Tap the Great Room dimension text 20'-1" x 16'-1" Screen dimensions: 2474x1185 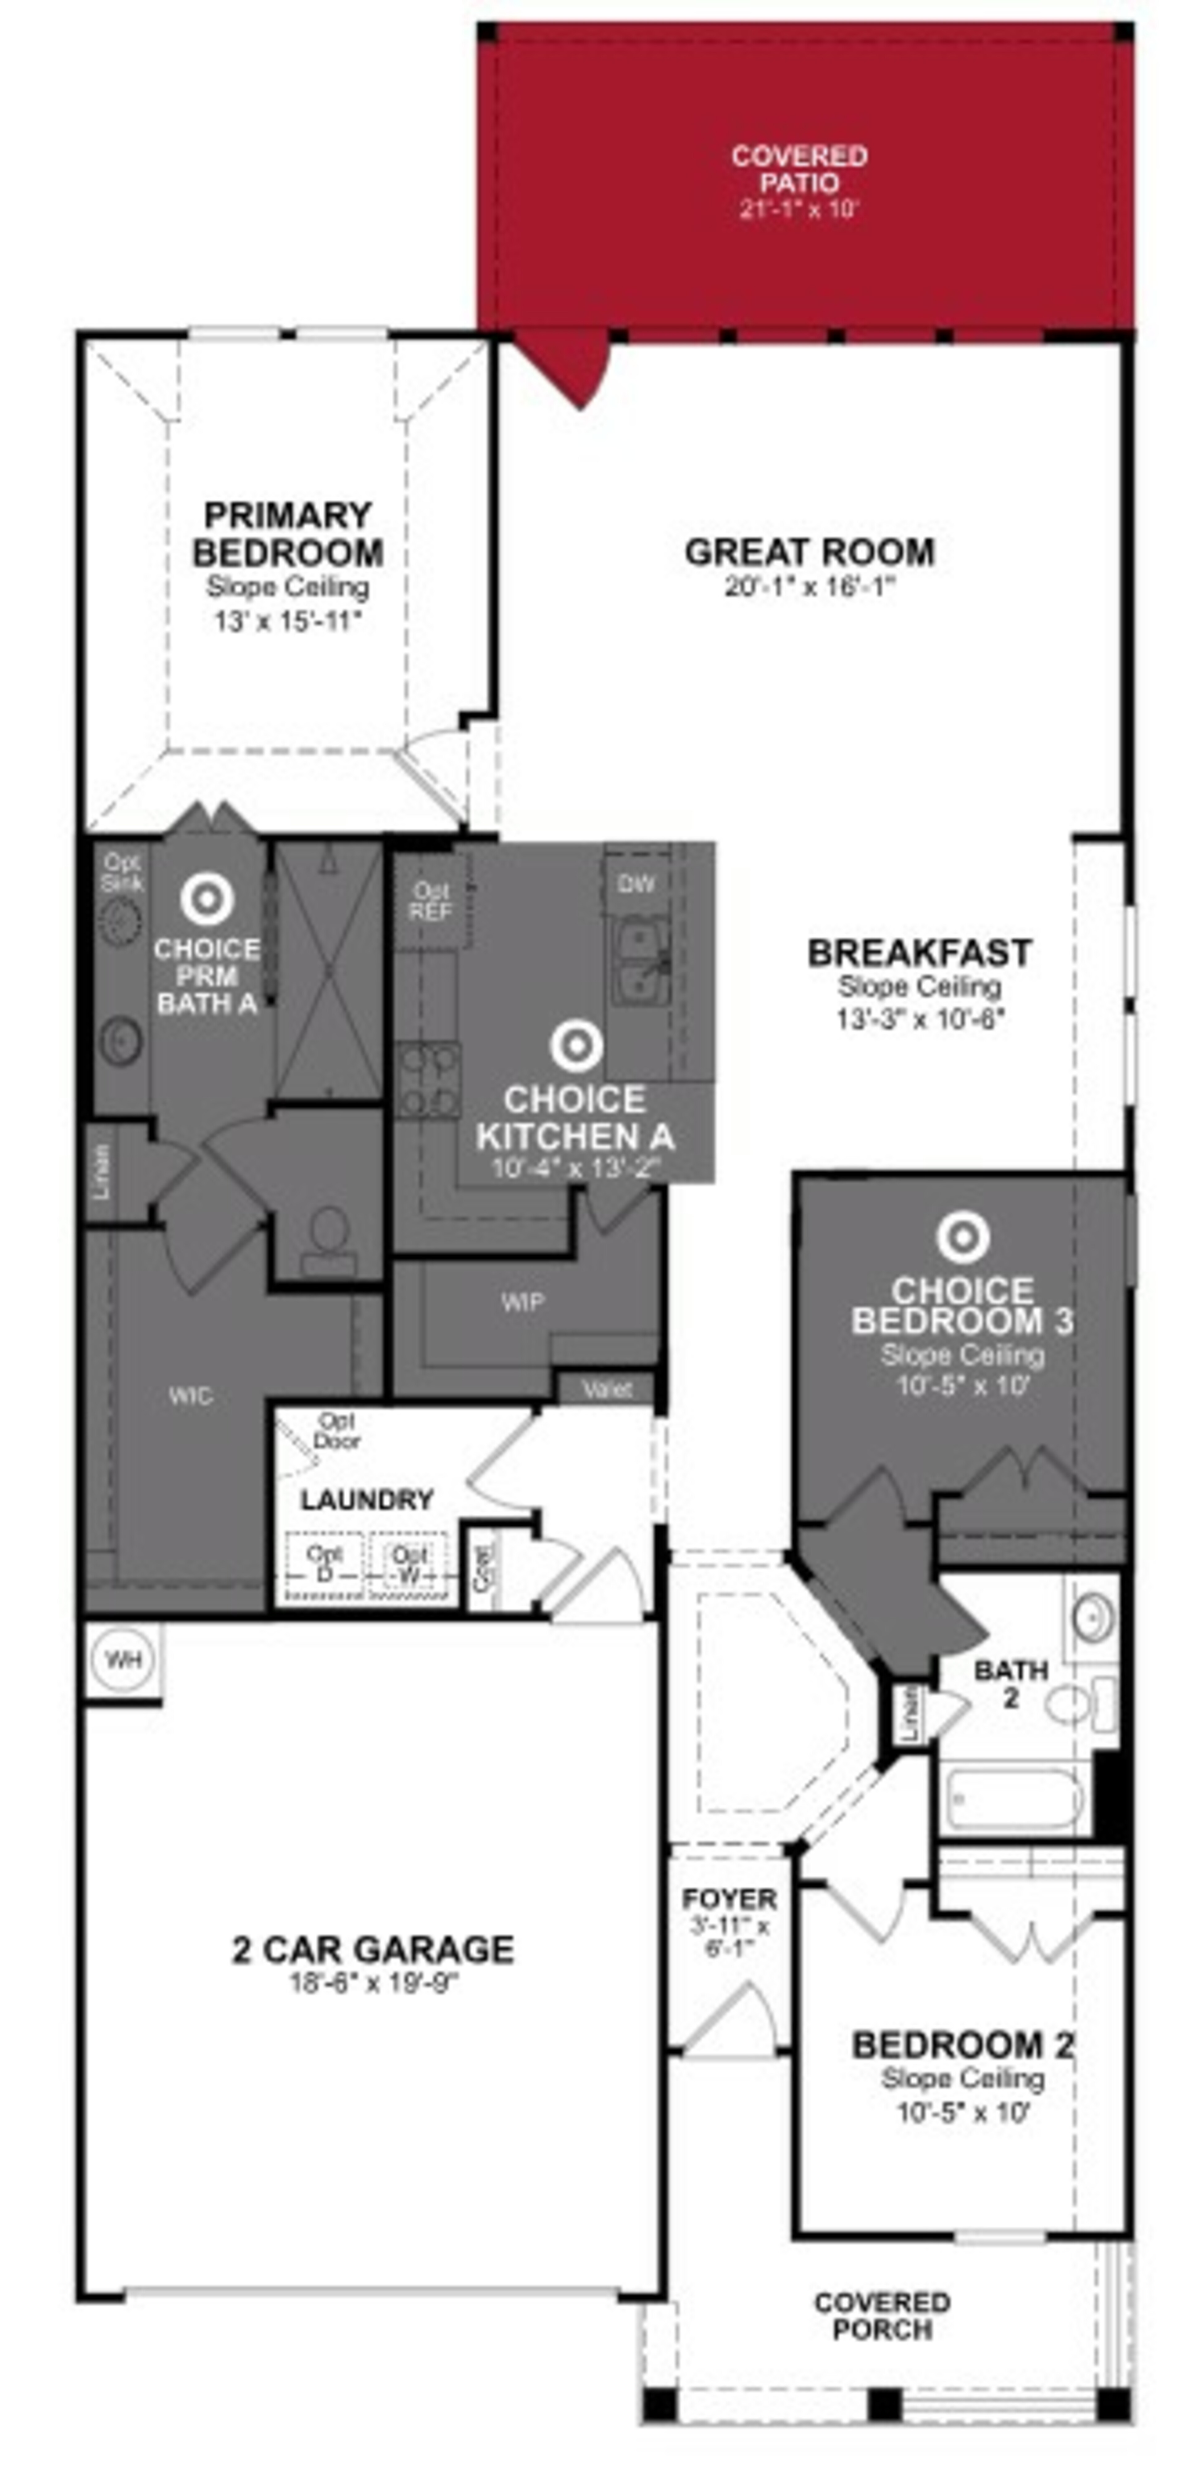(x=809, y=587)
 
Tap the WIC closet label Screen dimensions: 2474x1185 (x=190, y=1395)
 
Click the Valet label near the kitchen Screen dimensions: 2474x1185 (x=607, y=1389)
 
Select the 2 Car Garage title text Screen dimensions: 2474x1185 (x=372, y=1950)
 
